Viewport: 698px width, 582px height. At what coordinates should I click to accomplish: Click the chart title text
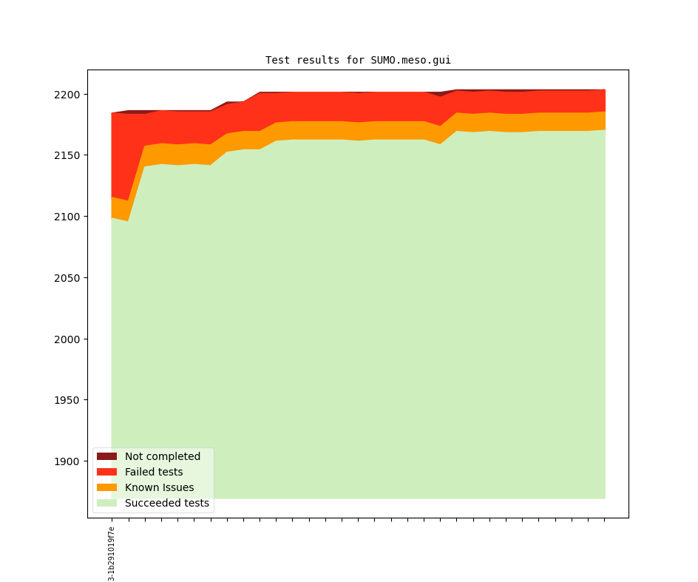(x=358, y=61)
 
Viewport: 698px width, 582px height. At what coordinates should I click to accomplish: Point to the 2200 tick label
(x=67, y=95)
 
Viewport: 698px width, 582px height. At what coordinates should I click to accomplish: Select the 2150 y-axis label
(x=67, y=155)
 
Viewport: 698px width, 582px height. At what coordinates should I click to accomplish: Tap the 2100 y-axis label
(x=67, y=217)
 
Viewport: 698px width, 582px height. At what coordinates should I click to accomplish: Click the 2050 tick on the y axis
(x=67, y=278)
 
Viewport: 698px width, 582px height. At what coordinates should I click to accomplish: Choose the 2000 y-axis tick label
(x=67, y=339)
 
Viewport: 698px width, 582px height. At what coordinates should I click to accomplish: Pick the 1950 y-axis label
(x=67, y=400)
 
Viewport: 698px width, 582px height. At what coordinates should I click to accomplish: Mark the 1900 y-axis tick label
(x=67, y=461)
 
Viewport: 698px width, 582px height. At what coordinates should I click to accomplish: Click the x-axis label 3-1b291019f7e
(x=112, y=553)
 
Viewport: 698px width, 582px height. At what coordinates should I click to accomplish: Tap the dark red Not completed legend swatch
(x=106, y=456)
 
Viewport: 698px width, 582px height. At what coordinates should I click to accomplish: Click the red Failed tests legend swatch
(x=106, y=472)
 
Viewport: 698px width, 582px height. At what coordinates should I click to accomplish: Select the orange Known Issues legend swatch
(x=106, y=487)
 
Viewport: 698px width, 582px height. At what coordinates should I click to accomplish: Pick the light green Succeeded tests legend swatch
(x=106, y=503)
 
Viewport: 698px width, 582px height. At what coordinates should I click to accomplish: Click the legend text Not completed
(x=163, y=456)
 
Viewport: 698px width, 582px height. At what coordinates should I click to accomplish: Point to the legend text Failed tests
(x=154, y=472)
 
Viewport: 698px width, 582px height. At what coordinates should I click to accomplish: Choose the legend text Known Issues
(x=159, y=487)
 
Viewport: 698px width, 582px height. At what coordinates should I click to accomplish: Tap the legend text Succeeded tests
(x=167, y=503)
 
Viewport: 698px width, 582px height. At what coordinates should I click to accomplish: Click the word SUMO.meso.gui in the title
(x=410, y=61)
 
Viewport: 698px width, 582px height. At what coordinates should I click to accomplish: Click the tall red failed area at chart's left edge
(x=120, y=155)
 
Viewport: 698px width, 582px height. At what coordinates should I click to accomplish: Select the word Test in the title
(x=278, y=61)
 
